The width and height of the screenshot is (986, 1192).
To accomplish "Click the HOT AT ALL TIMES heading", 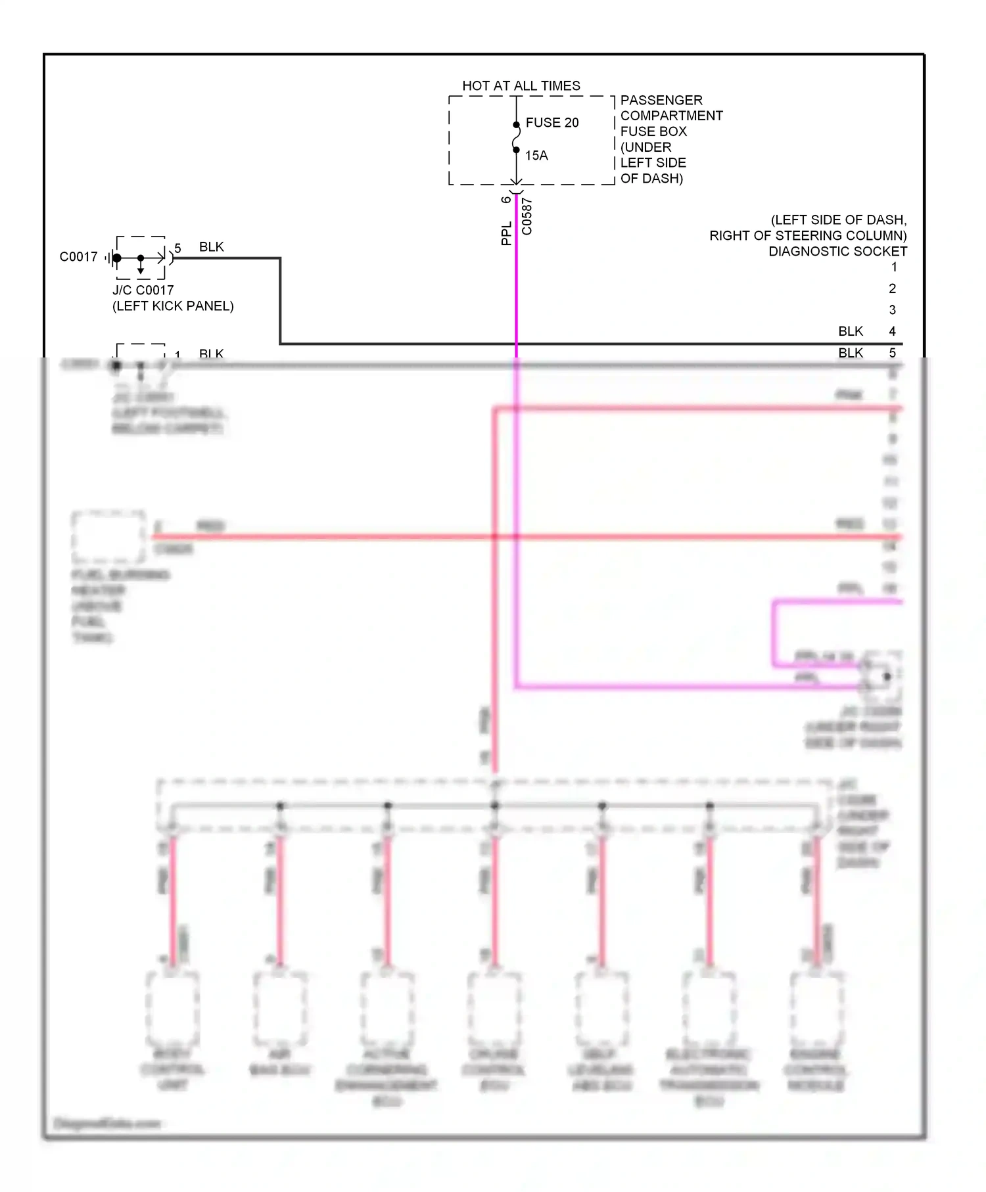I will click(x=521, y=86).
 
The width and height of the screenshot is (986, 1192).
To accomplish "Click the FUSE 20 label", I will click(x=552, y=123).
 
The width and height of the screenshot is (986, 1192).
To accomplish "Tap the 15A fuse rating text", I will click(x=536, y=156).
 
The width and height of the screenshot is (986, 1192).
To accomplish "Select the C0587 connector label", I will click(x=527, y=216).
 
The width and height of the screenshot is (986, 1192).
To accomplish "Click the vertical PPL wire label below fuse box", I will click(x=506, y=233).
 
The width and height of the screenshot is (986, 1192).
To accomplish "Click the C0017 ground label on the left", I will click(x=78, y=257).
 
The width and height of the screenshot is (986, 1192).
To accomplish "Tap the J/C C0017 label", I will click(x=143, y=290).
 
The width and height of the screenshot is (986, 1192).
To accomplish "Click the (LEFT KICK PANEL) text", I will click(x=173, y=306).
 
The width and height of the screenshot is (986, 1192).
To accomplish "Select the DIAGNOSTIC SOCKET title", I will click(x=837, y=251).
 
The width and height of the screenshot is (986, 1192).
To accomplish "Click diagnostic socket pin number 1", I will click(x=893, y=267).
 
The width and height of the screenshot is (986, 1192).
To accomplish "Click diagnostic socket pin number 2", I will click(x=892, y=288).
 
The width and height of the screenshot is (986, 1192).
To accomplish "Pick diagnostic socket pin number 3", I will click(x=892, y=309).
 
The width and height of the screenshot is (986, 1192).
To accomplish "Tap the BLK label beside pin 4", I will click(x=850, y=331).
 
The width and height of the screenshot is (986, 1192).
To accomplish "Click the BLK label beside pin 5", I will click(x=850, y=353).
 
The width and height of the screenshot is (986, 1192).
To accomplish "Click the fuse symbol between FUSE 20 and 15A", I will click(x=516, y=137).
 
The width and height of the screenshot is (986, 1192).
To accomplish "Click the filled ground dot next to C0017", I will click(x=117, y=258).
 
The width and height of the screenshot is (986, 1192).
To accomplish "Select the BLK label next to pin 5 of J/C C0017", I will click(x=211, y=247).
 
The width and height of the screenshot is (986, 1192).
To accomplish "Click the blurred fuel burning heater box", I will click(x=108, y=537).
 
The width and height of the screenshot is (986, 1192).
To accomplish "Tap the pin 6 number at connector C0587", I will click(x=505, y=199).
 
